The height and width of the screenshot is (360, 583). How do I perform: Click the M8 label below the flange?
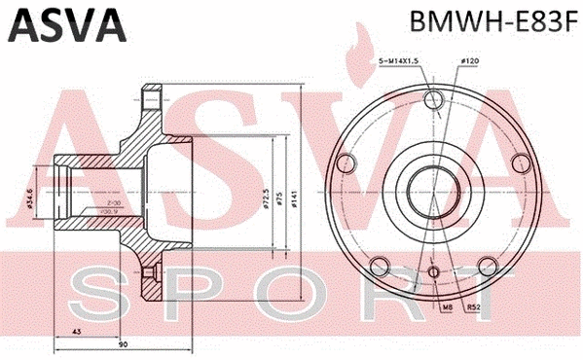[x=448, y=307]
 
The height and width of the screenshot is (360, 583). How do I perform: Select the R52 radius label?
[x=474, y=307]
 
